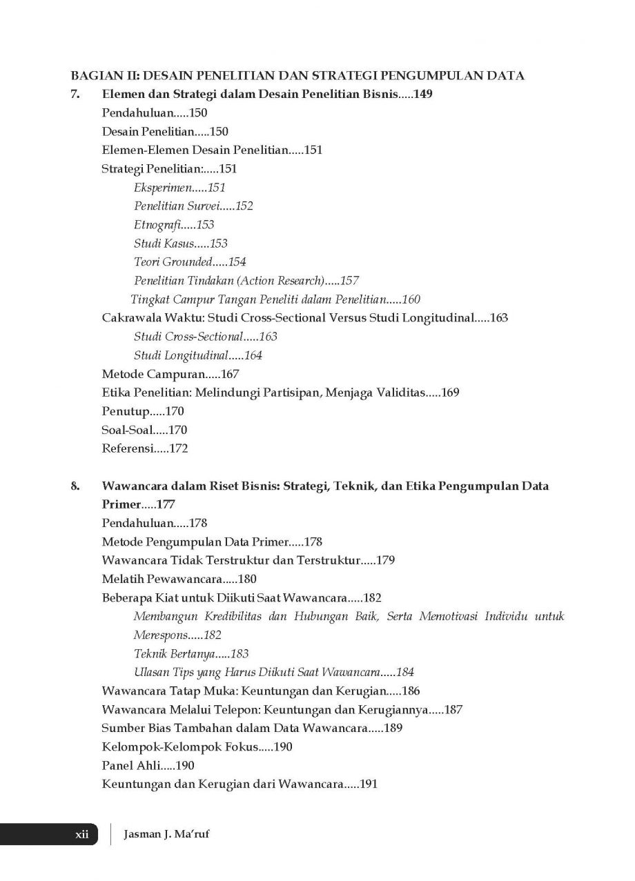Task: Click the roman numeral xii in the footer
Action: coord(82,834)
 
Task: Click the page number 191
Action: coord(366,784)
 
